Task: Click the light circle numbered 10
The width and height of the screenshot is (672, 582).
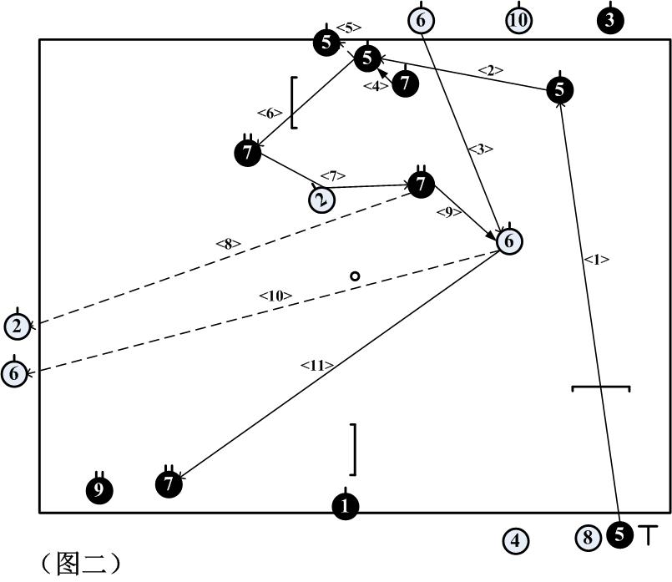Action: (518, 20)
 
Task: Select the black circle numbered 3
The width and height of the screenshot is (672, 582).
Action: (609, 21)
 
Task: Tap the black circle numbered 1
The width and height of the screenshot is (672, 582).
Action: (346, 506)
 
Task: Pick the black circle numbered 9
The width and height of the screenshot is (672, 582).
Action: (99, 490)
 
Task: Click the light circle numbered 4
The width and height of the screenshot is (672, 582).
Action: (515, 541)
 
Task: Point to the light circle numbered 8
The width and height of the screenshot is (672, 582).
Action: (588, 538)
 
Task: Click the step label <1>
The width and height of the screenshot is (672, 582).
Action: (596, 260)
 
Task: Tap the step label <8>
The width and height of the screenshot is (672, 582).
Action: (228, 245)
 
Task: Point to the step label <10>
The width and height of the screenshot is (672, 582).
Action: (275, 296)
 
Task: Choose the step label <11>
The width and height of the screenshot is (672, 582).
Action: (318, 364)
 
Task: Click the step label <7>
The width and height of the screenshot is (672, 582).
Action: (332, 176)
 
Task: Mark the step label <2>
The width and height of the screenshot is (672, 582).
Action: (491, 71)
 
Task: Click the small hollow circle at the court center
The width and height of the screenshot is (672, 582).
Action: (355, 276)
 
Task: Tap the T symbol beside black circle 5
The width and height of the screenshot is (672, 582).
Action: (648, 534)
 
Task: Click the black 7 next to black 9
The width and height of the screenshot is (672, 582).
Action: (169, 483)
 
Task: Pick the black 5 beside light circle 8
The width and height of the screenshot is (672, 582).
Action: (619, 534)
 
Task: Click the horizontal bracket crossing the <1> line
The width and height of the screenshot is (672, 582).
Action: (600, 388)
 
